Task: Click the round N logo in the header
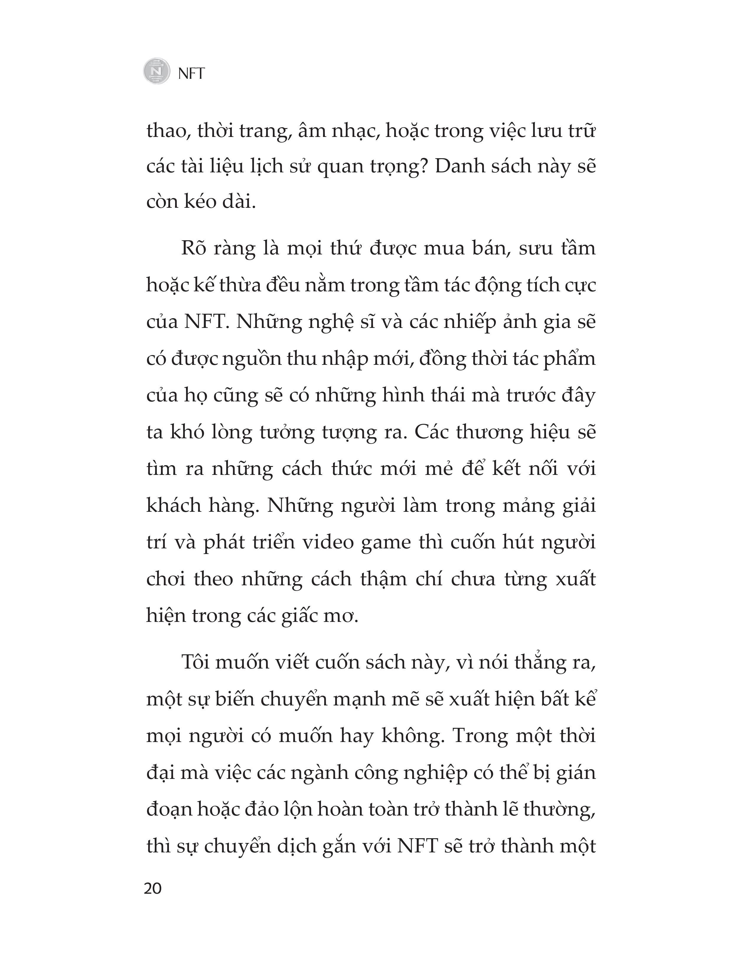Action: [x=157, y=71]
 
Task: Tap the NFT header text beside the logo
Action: [x=191, y=73]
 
